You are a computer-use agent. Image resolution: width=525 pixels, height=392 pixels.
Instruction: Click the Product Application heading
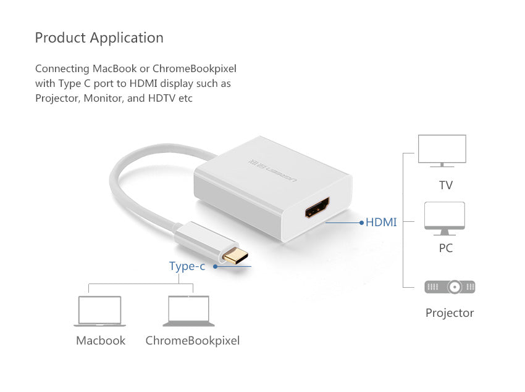(x=99, y=38)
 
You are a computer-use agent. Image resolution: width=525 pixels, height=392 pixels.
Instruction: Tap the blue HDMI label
(x=381, y=222)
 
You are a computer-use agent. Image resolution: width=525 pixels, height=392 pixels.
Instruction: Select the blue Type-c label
(x=187, y=266)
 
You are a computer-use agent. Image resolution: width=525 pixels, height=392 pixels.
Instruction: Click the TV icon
(x=442, y=151)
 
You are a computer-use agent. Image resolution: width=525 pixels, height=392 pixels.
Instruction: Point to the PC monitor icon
(x=445, y=218)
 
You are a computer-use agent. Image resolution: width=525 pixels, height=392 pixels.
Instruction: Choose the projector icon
(x=450, y=287)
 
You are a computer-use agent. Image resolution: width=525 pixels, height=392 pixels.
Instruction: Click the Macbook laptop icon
(x=99, y=311)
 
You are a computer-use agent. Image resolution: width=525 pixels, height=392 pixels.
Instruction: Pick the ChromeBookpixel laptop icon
(x=189, y=311)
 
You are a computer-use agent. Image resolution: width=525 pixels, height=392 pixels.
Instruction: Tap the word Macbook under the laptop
(x=101, y=340)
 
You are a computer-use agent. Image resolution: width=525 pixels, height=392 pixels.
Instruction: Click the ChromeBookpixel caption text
(x=193, y=340)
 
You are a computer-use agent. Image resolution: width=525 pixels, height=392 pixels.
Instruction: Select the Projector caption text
(x=450, y=313)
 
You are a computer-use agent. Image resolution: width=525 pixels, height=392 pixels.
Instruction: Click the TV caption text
(x=446, y=185)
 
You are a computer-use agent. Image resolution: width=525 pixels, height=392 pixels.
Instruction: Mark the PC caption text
(x=446, y=248)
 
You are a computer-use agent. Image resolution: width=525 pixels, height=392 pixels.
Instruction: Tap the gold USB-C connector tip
(x=234, y=258)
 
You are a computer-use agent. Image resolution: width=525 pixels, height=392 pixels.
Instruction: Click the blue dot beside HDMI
(x=361, y=223)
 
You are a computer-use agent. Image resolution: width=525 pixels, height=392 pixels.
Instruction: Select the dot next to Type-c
(x=216, y=266)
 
